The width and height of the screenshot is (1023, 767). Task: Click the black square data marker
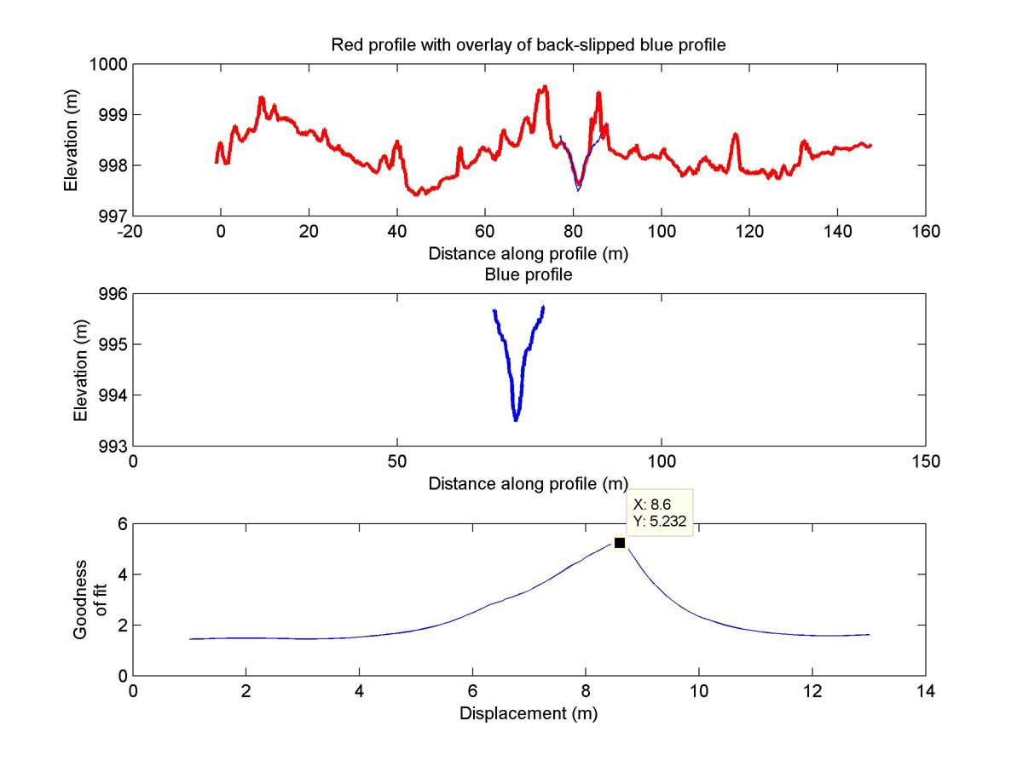[620, 543]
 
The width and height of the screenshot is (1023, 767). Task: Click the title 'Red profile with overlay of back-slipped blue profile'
[529, 45]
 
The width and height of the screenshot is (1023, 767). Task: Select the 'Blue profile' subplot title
[529, 275]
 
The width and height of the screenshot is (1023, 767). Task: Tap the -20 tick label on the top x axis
[132, 231]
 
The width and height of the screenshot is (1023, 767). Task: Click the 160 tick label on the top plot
[926, 231]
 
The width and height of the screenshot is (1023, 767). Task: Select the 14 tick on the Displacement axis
[926, 691]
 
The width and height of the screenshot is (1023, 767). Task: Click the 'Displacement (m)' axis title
[529, 713]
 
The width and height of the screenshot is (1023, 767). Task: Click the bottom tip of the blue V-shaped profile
[516, 420]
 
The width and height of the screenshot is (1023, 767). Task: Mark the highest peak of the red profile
[543, 86]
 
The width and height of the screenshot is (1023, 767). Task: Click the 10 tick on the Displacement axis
[699, 691]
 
